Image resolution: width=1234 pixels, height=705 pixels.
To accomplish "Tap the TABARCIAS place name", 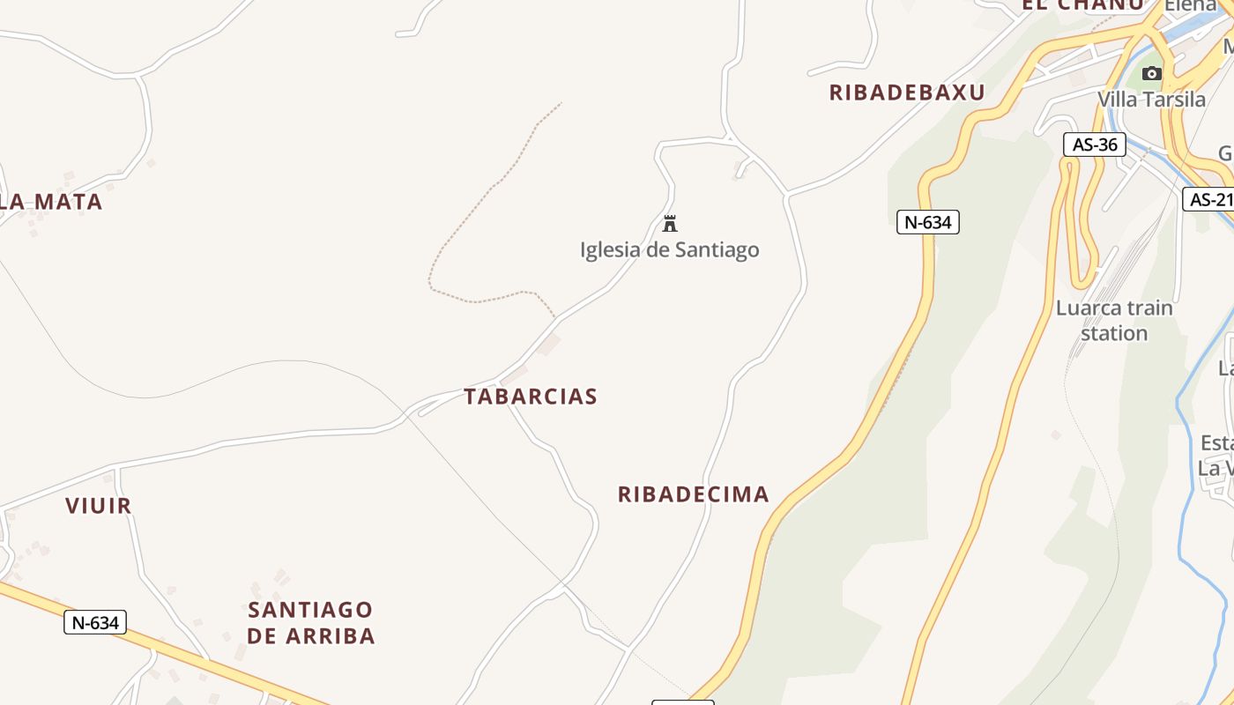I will [x=531, y=397].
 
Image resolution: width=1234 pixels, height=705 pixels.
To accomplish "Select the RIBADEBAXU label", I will [x=907, y=93].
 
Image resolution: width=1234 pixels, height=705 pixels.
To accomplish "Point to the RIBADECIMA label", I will [x=694, y=494].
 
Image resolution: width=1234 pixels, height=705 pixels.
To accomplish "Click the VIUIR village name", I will [x=99, y=506].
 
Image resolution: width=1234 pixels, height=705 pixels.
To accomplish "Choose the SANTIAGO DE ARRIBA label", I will [x=310, y=622].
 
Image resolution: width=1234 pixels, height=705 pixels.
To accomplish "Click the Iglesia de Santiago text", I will [x=670, y=250].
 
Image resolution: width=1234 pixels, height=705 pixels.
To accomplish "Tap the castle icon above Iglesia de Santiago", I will [x=670, y=223].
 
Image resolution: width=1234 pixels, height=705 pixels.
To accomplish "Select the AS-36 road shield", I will [x=1095, y=145].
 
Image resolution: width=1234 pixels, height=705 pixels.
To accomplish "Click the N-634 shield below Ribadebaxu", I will [x=928, y=222].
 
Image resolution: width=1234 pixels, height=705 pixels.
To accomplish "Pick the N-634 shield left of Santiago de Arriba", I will [x=95, y=623].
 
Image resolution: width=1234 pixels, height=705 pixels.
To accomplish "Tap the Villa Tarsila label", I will [x=1151, y=100].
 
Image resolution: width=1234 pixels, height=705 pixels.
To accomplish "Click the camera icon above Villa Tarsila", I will [x=1152, y=73].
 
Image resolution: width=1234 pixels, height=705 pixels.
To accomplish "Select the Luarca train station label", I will [x=1114, y=321].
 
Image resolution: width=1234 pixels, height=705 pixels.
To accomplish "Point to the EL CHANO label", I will [x=1082, y=4].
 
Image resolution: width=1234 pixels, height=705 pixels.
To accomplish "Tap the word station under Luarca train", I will [x=1114, y=333].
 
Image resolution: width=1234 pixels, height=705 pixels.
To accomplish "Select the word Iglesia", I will [x=610, y=250].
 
